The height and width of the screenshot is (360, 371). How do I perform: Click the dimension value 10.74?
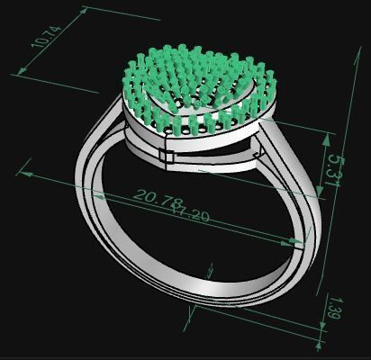tap(45, 37)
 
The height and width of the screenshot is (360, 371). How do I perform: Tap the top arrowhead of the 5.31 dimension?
tap(326, 135)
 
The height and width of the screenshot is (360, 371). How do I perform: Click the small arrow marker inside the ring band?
tap(210, 269)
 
